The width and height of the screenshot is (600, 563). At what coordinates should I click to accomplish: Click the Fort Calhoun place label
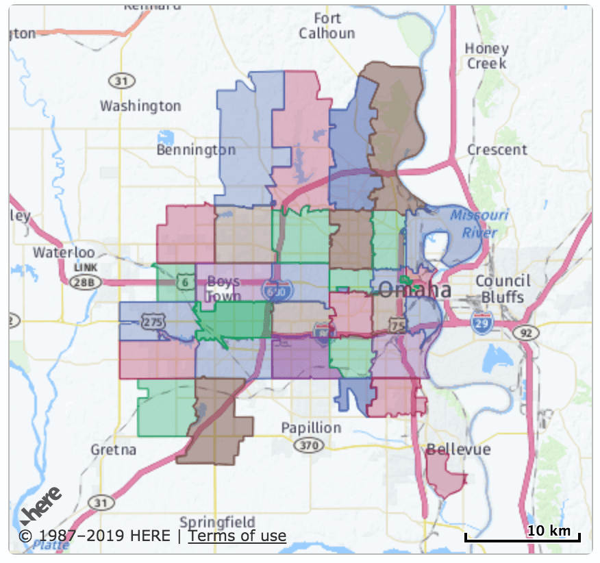[x=327, y=25]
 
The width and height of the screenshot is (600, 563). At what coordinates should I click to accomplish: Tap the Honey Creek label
[x=486, y=55]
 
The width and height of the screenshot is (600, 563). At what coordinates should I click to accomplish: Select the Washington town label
[x=140, y=106]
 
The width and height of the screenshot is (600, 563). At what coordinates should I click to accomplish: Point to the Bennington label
[x=196, y=149]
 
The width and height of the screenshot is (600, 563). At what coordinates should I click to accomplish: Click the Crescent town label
[x=497, y=149]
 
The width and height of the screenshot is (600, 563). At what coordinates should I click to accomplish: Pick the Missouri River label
[x=479, y=223]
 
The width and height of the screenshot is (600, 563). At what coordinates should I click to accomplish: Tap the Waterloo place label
[x=64, y=252]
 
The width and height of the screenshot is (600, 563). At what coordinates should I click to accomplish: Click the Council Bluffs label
[x=503, y=288]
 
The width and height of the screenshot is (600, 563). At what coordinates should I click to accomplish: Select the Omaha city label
[x=415, y=290]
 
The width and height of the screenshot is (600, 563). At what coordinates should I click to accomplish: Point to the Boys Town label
[x=224, y=288]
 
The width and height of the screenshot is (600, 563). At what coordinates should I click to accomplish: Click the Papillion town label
[x=311, y=427]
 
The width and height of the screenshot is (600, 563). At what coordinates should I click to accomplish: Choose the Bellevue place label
[x=458, y=449]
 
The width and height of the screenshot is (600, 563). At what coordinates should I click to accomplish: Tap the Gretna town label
[x=114, y=450]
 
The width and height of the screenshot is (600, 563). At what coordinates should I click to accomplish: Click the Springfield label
[x=217, y=522]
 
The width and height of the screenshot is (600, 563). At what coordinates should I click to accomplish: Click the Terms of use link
[x=237, y=536]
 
